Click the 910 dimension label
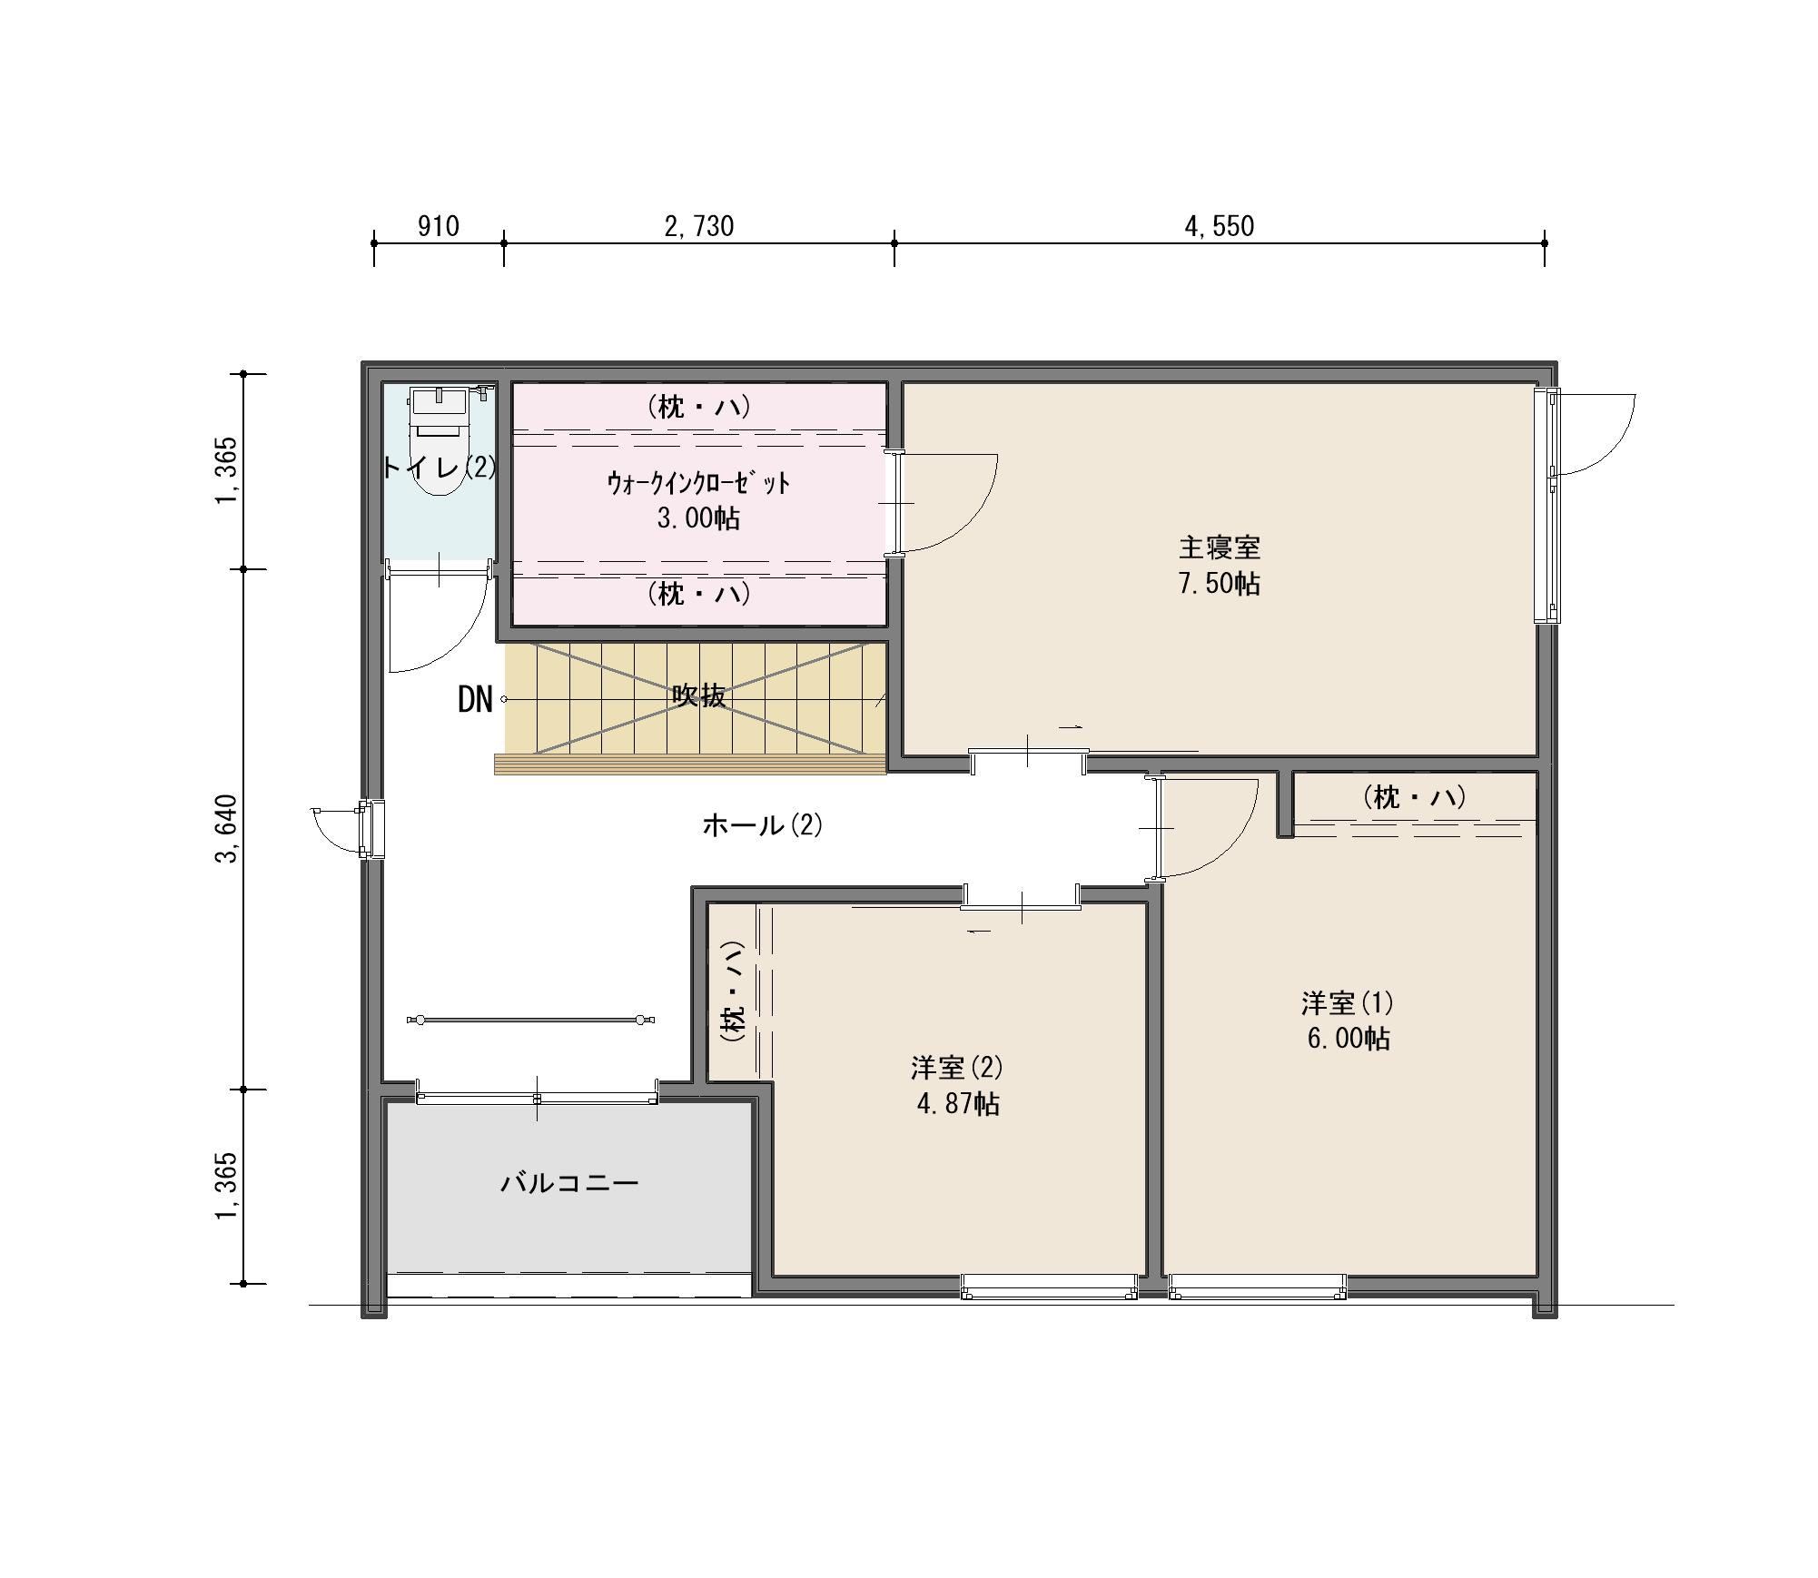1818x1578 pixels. [438, 225]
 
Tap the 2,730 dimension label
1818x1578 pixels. [698, 225]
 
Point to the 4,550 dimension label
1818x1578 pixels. [1219, 225]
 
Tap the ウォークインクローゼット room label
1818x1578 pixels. [698, 483]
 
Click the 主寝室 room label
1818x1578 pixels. [1219, 547]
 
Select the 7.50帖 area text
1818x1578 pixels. [1219, 583]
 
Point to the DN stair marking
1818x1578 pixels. [475, 699]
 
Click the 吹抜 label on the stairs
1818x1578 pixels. [698, 695]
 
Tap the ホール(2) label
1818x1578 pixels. [762, 825]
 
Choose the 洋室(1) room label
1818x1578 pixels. [1347, 1003]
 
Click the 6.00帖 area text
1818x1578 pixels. [1348, 1039]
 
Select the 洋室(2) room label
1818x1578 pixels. [957, 1067]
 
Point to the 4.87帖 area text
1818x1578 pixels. [958, 1103]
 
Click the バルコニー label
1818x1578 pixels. [569, 1183]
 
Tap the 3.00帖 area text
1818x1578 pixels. [698, 518]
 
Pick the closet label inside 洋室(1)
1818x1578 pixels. [1415, 797]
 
